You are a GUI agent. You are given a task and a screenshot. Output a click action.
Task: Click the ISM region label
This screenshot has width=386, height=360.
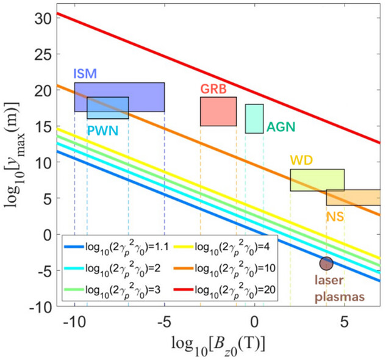point(84,74)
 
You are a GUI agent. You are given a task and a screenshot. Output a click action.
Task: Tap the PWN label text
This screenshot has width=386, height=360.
point(102,130)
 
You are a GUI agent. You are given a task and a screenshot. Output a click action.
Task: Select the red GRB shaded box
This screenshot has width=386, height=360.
point(218,111)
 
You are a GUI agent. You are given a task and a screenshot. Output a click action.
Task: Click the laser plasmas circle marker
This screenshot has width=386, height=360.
point(326,264)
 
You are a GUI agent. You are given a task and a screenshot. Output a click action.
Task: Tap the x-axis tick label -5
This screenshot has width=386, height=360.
point(163,322)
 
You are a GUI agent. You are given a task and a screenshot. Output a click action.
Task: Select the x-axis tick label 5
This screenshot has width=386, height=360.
point(345,322)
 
